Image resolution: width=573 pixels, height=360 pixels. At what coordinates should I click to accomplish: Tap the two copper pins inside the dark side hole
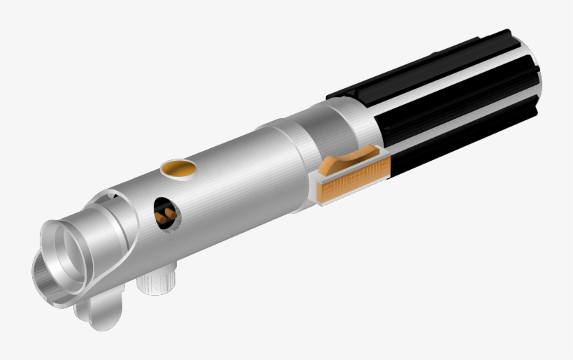pyautogui.click(x=166, y=210)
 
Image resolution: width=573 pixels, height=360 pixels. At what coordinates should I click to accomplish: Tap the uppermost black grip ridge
pyautogui.click(x=419, y=66)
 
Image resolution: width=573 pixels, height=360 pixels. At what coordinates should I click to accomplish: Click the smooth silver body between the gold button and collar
pyautogui.click(x=231, y=175)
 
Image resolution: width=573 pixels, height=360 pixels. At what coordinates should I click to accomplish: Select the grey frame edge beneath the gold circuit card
pyautogui.click(x=349, y=200)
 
